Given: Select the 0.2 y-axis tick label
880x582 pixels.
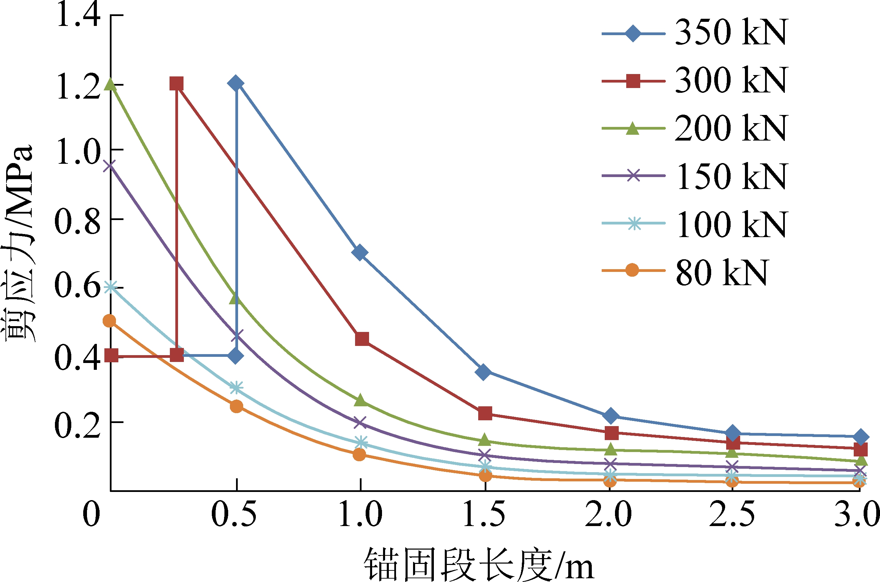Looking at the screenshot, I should [77, 425].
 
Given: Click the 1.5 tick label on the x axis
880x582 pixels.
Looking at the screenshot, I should [484, 514].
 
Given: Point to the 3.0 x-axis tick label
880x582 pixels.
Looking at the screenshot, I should [857, 514].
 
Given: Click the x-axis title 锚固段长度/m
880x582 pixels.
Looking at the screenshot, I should [479, 564].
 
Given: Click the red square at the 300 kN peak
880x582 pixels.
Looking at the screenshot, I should [177, 84].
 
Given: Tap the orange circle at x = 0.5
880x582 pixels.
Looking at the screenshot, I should [236, 406].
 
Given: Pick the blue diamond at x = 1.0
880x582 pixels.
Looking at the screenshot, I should [360, 253].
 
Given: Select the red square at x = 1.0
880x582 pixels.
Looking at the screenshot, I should [362, 338].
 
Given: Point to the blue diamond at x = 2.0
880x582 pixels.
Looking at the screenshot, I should [611, 416].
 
